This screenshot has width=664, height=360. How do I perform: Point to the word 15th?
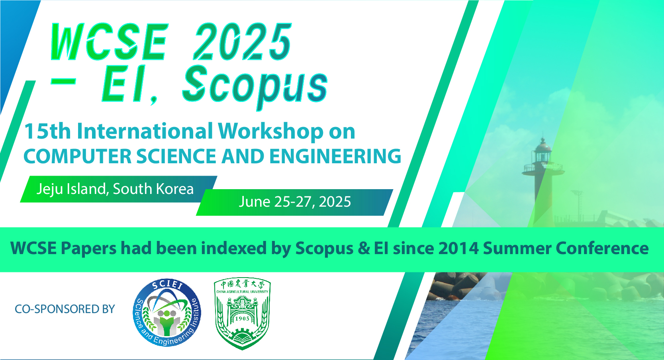[47, 131]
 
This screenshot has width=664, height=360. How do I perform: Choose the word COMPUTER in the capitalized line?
[77, 156]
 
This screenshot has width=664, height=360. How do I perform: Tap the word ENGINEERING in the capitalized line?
[335, 156]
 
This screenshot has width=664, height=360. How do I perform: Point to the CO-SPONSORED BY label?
[65, 309]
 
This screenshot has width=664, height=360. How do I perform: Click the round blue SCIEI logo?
[167, 313]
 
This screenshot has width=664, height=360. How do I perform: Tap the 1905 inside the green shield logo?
[242, 319]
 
